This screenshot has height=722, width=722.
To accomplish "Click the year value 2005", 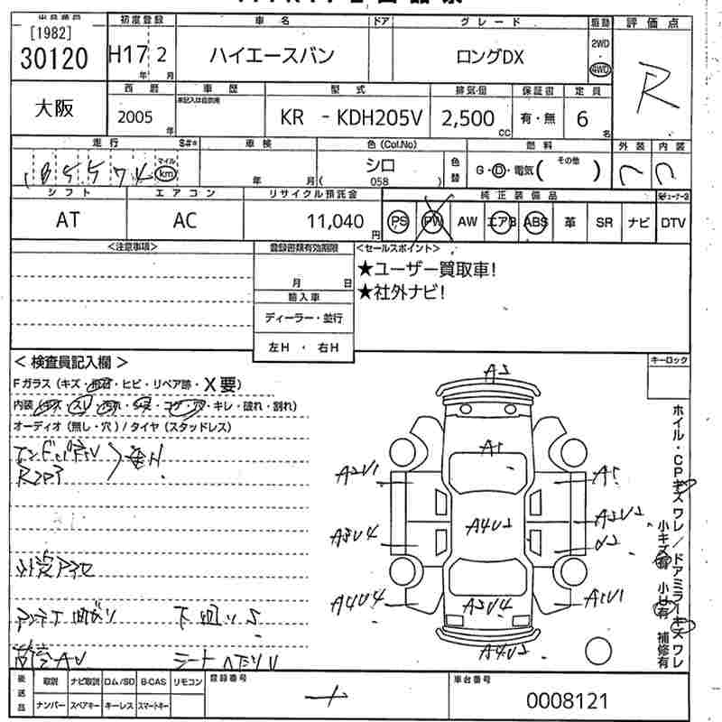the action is click(x=136, y=118).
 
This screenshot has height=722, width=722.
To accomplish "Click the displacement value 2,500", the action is click(x=467, y=118).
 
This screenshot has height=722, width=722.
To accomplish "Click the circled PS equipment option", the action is click(x=397, y=222).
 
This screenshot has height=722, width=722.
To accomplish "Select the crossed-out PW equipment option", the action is click(x=432, y=222).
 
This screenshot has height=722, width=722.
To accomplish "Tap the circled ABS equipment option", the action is click(x=535, y=222).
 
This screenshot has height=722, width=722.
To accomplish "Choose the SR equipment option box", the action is click(x=603, y=222).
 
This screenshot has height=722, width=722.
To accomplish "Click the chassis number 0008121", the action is click(x=569, y=700).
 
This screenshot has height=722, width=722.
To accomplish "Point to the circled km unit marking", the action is click(x=165, y=172).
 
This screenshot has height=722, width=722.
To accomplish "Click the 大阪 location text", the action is click(x=54, y=110).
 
